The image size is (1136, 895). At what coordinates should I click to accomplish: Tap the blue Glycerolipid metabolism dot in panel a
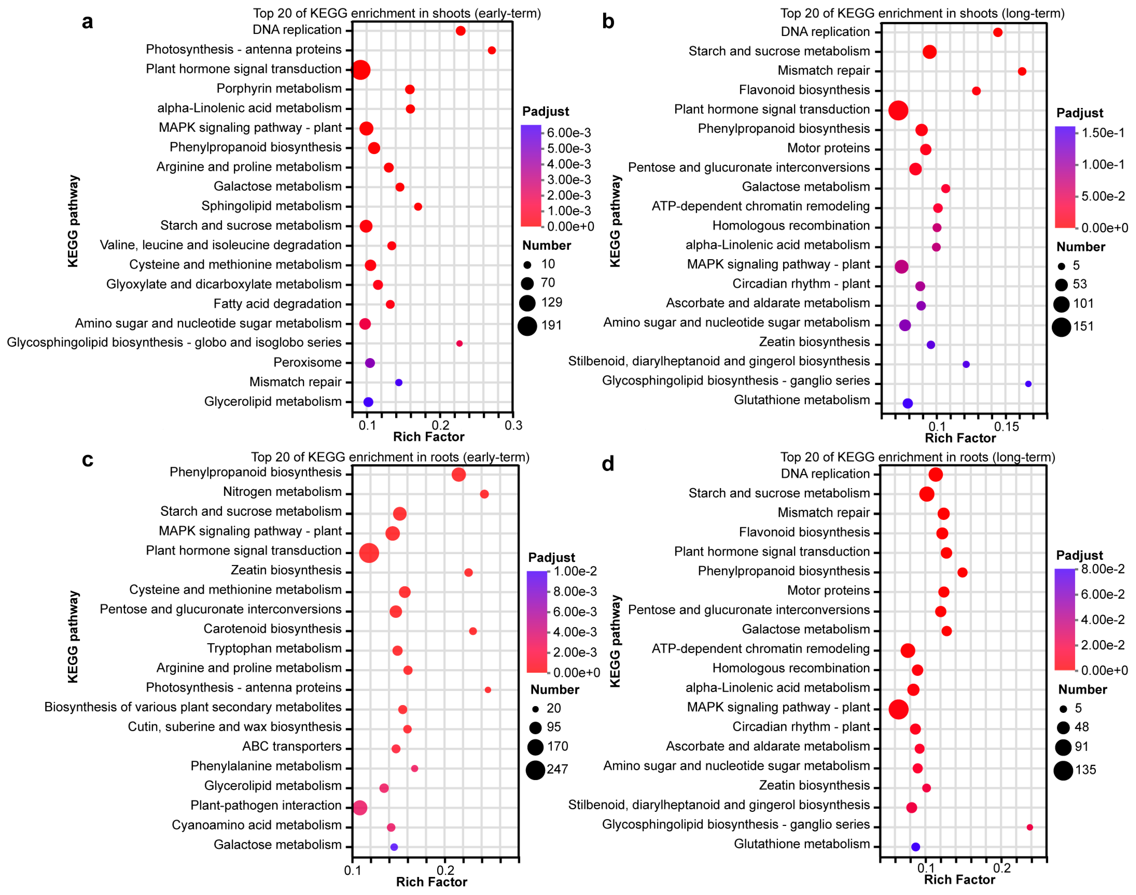[368, 402]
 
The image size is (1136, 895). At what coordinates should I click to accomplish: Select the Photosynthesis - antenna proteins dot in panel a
[491, 50]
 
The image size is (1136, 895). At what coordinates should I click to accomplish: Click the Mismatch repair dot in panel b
[1022, 71]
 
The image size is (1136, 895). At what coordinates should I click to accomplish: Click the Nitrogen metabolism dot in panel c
[484, 494]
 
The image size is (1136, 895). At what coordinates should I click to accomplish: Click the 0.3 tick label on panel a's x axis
[513, 425]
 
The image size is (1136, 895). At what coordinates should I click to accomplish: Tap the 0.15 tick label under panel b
[1006, 427]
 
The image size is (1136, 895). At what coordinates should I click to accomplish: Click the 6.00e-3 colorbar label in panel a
[569, 132]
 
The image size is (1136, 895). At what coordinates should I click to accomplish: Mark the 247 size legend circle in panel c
[535, 770]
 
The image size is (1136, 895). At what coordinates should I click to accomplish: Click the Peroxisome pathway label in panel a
[307, 362]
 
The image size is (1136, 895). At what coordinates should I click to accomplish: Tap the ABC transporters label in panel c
[292, 746]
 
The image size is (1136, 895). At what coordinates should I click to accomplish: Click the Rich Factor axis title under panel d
[960, 879]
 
